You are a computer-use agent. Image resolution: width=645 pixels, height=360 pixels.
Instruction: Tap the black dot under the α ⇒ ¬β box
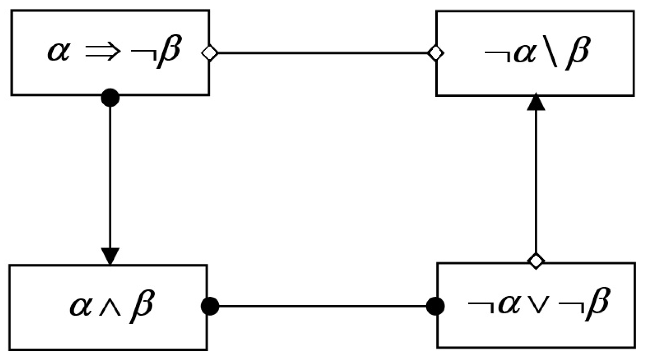[110, 97]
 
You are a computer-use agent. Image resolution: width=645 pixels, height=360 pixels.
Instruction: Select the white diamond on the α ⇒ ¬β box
[210, 53]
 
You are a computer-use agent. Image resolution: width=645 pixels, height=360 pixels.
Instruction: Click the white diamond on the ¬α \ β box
[436, 53]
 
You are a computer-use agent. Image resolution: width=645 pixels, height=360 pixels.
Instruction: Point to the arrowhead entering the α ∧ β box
[110, 256]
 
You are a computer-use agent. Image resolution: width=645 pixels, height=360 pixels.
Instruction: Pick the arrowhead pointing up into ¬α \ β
[536, 102]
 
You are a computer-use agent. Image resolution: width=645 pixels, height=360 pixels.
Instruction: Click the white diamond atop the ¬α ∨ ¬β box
[536, 261]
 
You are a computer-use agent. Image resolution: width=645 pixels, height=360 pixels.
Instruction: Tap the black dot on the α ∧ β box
[210, 306]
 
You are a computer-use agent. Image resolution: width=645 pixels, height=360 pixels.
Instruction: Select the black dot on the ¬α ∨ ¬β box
[436, 306]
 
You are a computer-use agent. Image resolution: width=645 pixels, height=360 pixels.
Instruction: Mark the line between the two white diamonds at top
[322, 53]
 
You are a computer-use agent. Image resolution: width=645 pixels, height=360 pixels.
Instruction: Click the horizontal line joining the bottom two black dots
[322, 306]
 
